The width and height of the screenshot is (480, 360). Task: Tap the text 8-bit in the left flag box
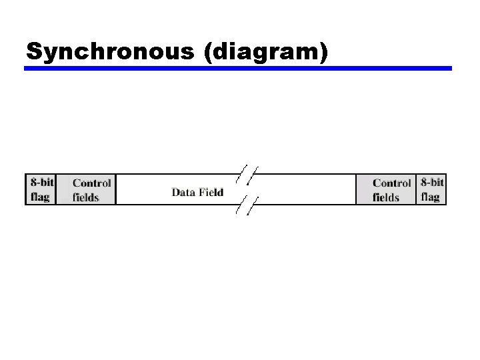(x=41, y=182)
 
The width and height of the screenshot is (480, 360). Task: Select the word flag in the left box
(x=40, y=197)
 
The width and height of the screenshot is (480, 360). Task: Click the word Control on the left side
(x=92, y=183)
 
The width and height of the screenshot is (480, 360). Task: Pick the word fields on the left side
(x=86, y=197)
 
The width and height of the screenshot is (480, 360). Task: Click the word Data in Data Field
(x=182, y=193)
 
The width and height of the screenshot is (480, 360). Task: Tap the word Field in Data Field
(x=210, y=193)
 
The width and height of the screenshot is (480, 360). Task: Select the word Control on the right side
(x=392, y=183)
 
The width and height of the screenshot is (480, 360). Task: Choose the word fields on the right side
(x=386, y=197)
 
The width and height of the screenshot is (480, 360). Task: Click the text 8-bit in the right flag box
(x=432, y=182)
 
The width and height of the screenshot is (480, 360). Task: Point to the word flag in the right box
(x=430, y=197)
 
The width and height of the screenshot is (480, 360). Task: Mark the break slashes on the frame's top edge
(x=247, y=174)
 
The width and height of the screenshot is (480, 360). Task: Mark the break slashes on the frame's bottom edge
(x=247, y=205)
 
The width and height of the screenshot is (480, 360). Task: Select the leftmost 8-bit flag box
(x=41, y=189)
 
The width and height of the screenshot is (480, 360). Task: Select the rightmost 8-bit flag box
(x=431, y=189)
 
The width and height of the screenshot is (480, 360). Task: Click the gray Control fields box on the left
(x=86, y=190)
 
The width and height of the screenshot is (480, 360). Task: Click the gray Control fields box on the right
(x=386, y=190)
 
